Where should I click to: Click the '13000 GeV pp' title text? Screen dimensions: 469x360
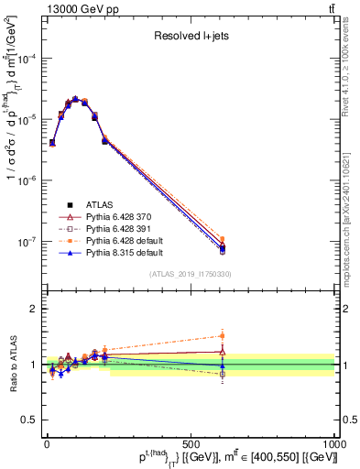[x=77, y=8]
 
